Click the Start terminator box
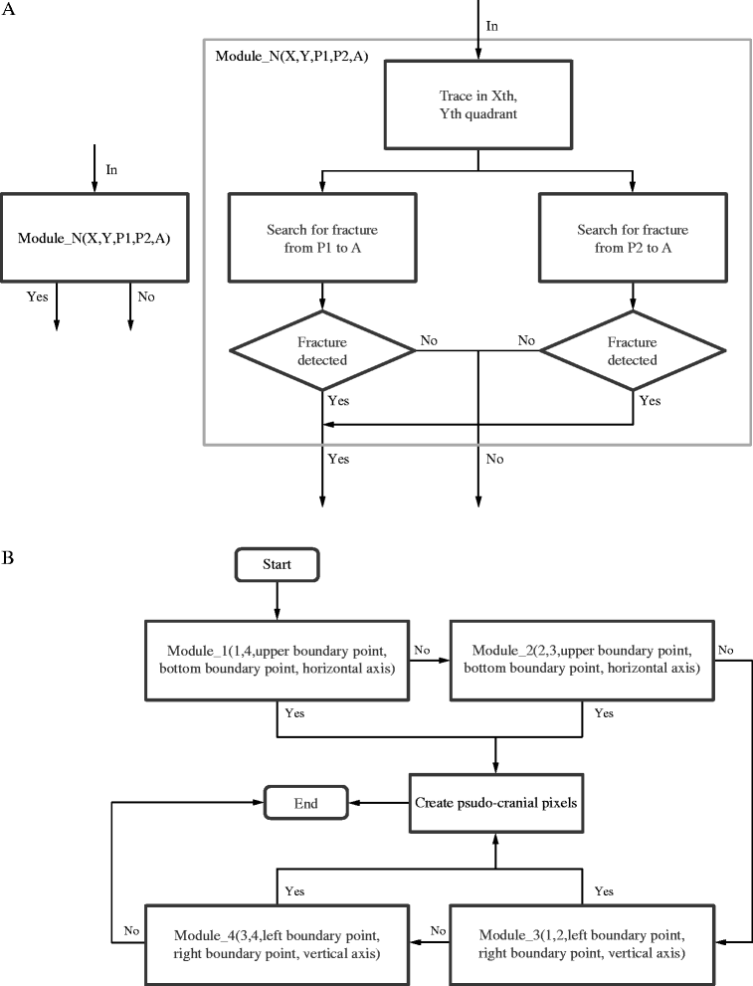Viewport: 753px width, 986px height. [277, 564]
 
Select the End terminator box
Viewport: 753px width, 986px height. [305, 802]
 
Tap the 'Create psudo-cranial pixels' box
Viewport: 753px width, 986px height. [496, 803]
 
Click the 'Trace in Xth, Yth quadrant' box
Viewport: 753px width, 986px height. [478, 105]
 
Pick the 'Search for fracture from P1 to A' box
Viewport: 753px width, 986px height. [322, 238]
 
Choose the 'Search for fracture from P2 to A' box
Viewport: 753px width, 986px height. [633, 238]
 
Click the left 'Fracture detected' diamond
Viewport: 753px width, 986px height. [322, 351]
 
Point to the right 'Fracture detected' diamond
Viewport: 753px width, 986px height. [633, 351]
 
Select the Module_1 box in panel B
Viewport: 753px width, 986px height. [278, 661]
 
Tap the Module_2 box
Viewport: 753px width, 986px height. [582, 661]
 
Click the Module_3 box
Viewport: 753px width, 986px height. [582, 944]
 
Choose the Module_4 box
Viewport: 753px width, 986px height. [278, 944]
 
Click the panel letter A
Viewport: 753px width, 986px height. [8, 9]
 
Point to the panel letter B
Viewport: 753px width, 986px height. [8, 558]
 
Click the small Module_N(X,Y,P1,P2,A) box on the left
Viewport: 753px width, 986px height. [94, 238]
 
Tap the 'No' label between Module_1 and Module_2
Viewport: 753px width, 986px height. [422, 650]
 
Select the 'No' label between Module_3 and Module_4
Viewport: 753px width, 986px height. [438, 930]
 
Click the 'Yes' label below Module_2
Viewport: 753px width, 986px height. [604, 713]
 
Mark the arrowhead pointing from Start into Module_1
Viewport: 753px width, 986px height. [278, 615]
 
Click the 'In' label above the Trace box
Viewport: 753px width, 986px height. [492, 26]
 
